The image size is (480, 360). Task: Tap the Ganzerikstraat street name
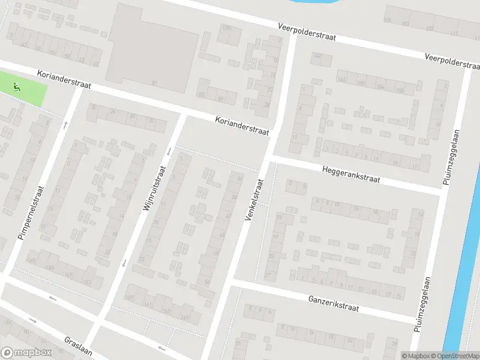pyautogui.click(x=333, y=303)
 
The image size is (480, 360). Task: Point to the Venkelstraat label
pyautogui.click(x=254, y=199)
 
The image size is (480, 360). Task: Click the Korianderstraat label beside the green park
pyautogui.click(x=63, y=80)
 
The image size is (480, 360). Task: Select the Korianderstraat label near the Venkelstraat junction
pyautogui.click(x=242, y=125)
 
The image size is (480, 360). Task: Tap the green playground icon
pyautogui.click(x=16, y=87)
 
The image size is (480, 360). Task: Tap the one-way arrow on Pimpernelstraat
pyautogui.click(x=65, y=125)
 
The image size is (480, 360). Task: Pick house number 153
pyautogui.click(x=86, y=281)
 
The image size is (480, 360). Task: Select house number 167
pyautogui.click(x=128, y=298)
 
